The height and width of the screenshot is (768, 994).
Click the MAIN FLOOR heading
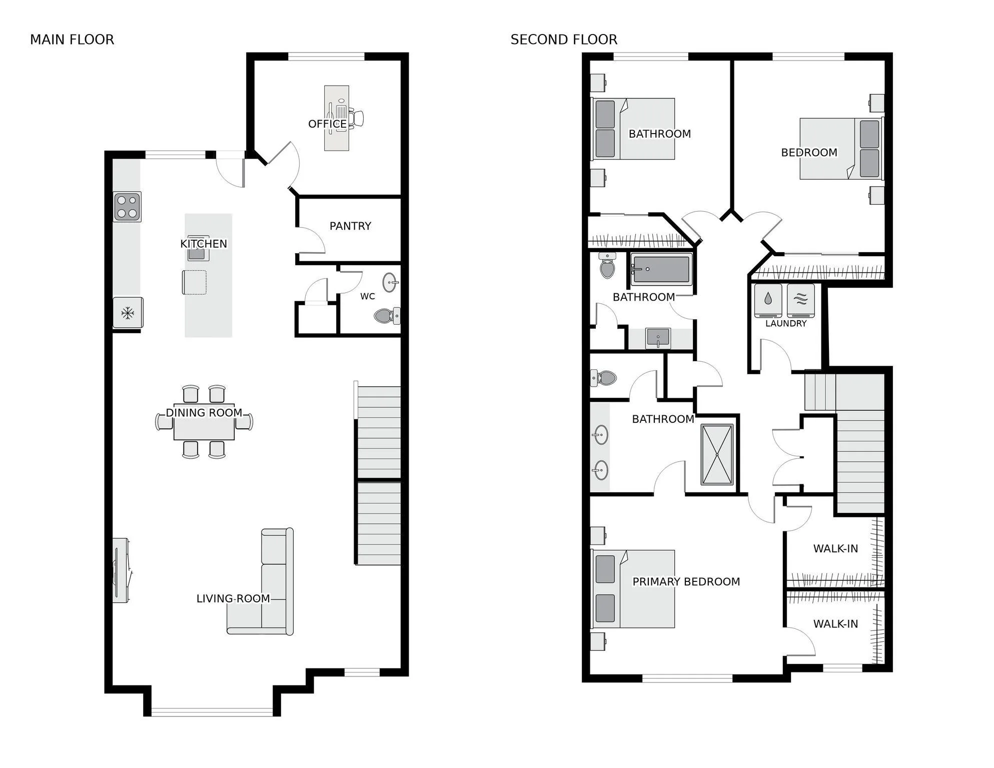pos(72,40)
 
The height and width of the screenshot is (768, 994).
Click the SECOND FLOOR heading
pos(564,40)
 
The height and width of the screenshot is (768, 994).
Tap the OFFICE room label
pos(328,124)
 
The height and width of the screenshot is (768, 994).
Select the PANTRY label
pos(350,226)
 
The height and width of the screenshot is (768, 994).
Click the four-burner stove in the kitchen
pos(127,207)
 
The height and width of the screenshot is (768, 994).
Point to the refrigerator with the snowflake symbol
pos(128,313)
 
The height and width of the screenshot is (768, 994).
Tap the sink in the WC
pos(390,283)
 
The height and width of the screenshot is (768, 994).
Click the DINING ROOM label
pos(204,413)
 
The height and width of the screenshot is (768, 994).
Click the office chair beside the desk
pos(356,118)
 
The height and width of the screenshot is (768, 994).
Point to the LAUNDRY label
pos(786,324)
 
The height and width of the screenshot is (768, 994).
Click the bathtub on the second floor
pos(661,269)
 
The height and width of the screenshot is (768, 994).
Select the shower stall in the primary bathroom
pos(717,455)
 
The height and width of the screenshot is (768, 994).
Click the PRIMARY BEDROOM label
pos(686,582)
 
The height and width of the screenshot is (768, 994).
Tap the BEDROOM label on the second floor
pos(809,153)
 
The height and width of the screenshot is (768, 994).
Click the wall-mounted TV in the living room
pos(120,570)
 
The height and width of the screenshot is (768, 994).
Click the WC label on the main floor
pos(368,296)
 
